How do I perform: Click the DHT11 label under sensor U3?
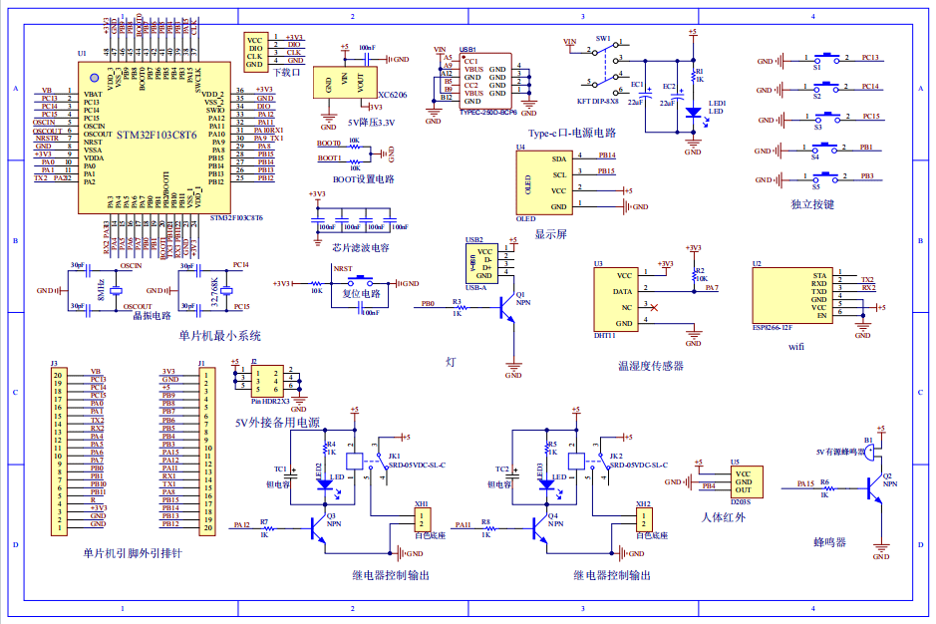click(x=603, y=336)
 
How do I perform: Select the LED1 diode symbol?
click(x=693, y=113)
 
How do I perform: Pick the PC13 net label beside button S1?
click(x=869, y=58)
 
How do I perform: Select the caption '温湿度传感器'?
click(x=651, y=366)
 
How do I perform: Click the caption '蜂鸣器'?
click(x=829, y=542)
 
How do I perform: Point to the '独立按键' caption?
click(x=811, y=203)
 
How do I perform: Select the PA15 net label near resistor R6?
click(x=805, y=483)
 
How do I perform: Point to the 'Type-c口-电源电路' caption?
click(x=572, y=132)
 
